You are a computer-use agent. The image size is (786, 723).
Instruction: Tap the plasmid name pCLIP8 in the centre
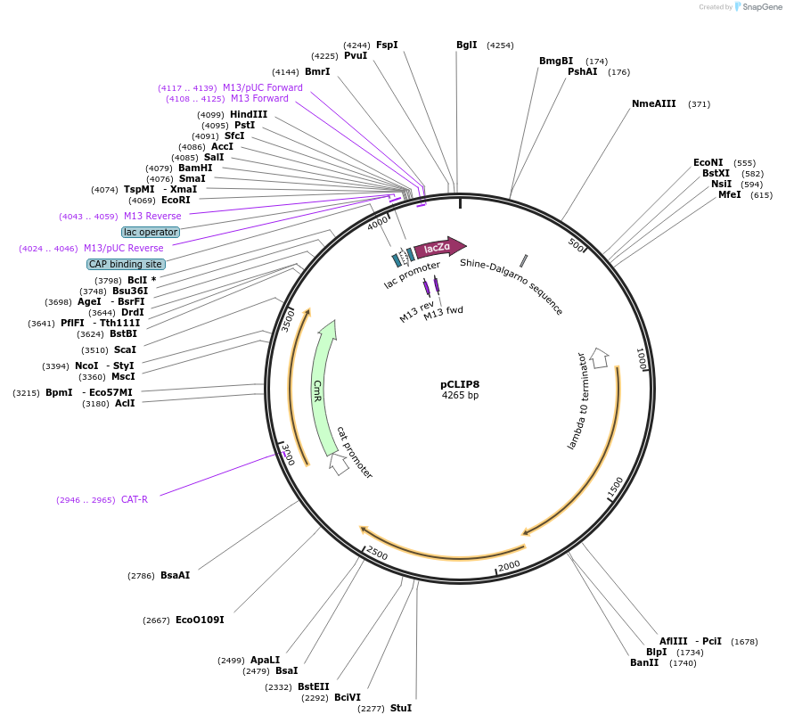tap(460, 384)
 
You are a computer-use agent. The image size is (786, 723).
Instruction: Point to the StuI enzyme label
tap(401, 708)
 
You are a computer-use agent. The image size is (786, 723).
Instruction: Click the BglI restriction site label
tap(467, 45)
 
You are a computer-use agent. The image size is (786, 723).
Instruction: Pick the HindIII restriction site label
tap(249, 114)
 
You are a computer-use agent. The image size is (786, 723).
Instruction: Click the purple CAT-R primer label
tap(135, 499)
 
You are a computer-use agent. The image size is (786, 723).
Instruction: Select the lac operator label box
tap(151, 232)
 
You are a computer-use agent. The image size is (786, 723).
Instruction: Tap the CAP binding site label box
tap(126, 264)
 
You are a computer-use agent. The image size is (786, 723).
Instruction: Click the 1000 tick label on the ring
tap(640, 360)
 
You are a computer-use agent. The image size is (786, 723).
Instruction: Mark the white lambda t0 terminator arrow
tap(600, 357)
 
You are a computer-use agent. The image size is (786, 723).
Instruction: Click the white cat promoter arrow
tap(339, 464)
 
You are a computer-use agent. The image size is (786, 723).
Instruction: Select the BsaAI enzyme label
tap(176, 575)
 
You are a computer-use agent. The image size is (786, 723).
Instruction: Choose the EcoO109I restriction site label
tap(200, 620)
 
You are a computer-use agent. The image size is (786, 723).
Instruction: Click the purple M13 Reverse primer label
tap(152, 216)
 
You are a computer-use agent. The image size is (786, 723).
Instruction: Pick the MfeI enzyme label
tap(730, 194)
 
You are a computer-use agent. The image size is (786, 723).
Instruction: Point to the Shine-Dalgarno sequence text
tap(512, 286)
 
